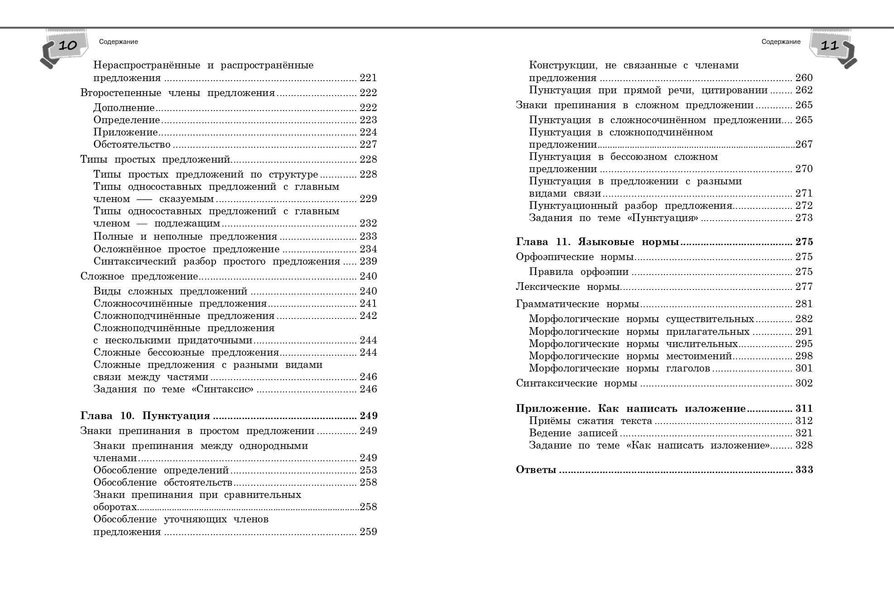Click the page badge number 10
tap(68, 45)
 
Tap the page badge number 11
tap(830, 45)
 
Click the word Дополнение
tap(124, 108)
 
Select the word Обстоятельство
tap(132, 145)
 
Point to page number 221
tap(368, 78)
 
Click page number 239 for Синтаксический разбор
tap(368, 261)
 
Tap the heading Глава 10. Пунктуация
tap(145, 416)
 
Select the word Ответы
tap(536, 470)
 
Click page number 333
tap(804, 470)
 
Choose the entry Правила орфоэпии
tap(578, 272)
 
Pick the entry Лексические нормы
tap(568, 287)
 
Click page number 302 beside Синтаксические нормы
tap(804, 383)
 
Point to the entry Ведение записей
tap(573, 433)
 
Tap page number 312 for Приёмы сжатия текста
tap(804, 421)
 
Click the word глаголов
tap(687, 368)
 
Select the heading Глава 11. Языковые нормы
tap(597, 242)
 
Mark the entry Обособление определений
tap(161, 470)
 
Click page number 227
tap(368, 145)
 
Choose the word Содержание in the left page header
tap(118, 42)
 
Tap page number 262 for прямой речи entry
tap(804, 90)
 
